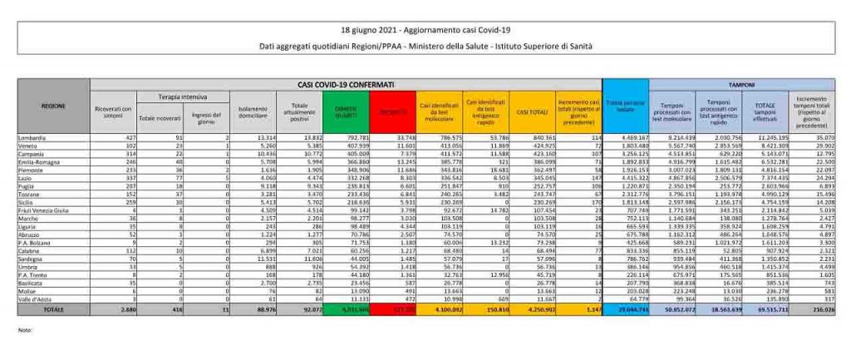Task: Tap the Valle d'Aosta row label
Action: pos(33,298)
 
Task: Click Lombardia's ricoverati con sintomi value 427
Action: pos(122,135)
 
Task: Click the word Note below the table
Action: pos(24,330)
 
